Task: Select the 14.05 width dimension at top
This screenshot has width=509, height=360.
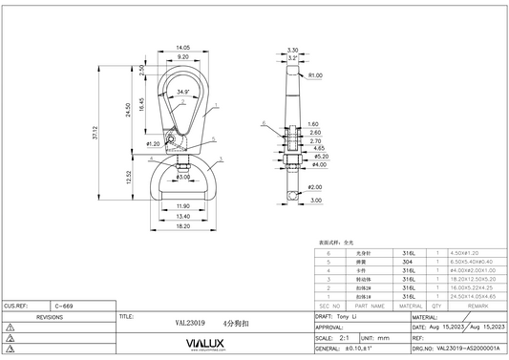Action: click(184, 46)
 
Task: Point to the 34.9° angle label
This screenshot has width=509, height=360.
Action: click(183, 92)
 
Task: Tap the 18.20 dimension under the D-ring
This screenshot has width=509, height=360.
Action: click(182, 226)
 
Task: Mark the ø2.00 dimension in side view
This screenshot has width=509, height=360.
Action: click(315, 187)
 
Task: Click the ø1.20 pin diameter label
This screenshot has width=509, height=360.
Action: click(153, 143)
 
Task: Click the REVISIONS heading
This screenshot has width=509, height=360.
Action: click(56, 314)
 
